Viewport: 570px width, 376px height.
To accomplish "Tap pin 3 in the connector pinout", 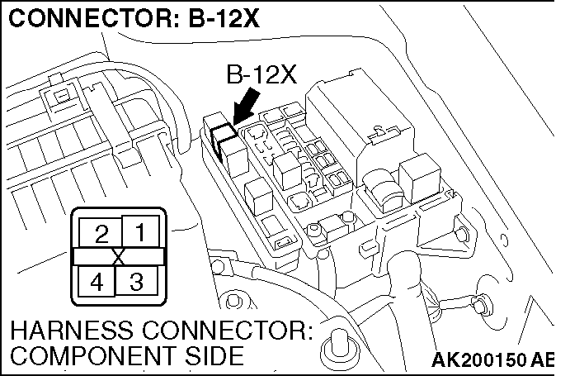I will coord(137,281).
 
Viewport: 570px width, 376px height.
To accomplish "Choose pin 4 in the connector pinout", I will coord(97,281).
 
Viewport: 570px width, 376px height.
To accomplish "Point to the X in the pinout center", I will coord(119,257).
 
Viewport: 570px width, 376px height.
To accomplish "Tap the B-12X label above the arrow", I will coord(260,75).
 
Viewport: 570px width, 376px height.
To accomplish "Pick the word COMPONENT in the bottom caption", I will coord(78,358).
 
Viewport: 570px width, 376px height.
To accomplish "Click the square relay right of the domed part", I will coord(417,177).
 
